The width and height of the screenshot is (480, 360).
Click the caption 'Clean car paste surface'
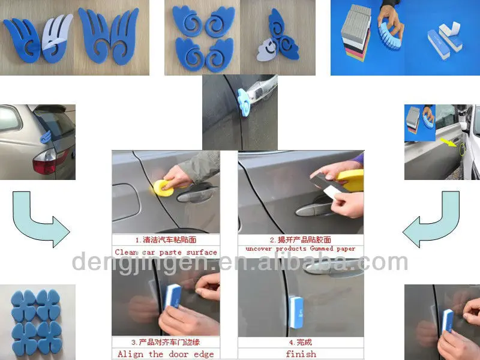166,252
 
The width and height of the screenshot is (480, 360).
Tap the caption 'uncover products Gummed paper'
301,248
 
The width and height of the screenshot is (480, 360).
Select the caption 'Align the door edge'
166,354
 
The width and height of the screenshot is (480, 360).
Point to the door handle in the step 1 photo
197,195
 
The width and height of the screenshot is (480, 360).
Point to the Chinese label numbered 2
301,239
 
